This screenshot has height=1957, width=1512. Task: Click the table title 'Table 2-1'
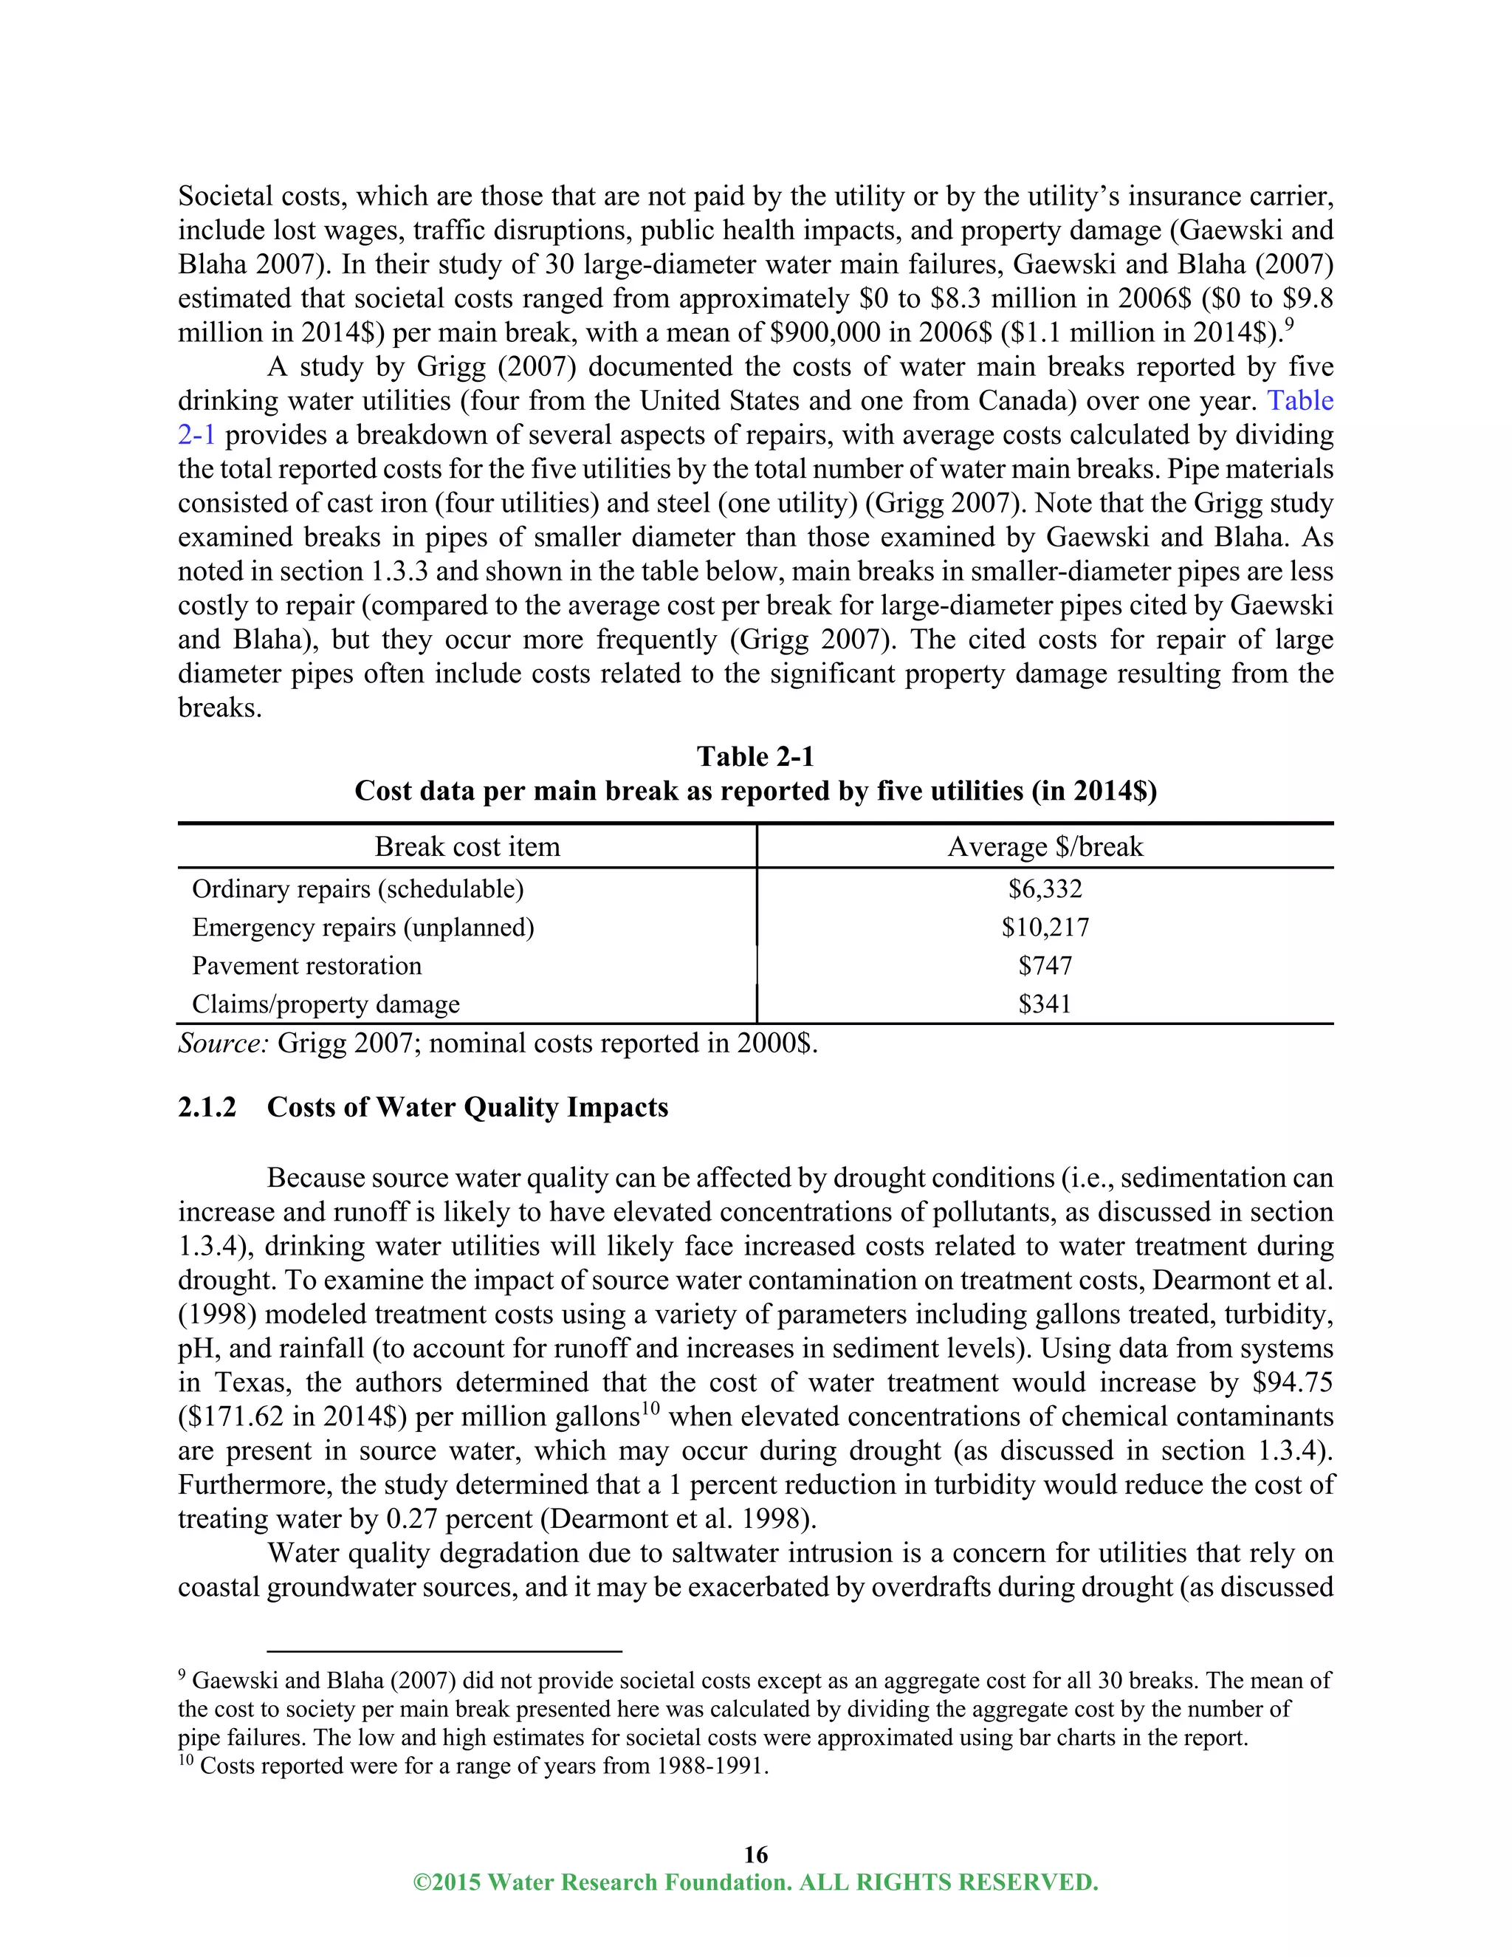755,757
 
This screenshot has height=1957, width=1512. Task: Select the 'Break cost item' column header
467,847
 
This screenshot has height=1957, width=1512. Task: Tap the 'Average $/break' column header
1045,847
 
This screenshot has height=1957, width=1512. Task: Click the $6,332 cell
1045,889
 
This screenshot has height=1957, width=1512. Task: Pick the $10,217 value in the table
1045,928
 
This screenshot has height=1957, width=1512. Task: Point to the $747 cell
1045,966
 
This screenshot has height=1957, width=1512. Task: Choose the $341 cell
1045,1004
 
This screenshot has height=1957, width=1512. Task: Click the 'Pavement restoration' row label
306,966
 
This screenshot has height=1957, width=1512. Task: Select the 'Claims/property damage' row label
326,1004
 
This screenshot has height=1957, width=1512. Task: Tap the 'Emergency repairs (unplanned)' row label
362,928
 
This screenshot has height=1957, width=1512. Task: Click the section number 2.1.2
207,1108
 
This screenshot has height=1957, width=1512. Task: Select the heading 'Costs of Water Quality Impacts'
467,1108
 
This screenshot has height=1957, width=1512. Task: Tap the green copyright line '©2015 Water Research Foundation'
755,1882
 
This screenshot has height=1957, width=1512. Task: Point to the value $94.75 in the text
1293,1382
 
